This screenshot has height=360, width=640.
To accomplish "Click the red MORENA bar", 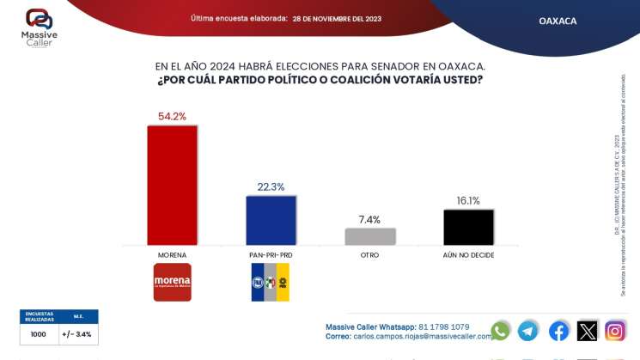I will tap(172, 186).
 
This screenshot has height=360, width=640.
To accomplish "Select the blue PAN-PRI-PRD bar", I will tap(271, 221).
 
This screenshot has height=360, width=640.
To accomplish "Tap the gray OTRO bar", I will tap(370, 236).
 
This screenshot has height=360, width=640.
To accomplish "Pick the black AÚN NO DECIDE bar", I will tap(468, 228).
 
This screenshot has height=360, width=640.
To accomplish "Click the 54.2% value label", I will tap(172, 116).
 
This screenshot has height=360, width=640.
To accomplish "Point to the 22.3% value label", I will tap(271, 186).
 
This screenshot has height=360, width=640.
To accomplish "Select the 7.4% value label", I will tap(370, 220).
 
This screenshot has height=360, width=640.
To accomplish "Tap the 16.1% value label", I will tap(468, 201).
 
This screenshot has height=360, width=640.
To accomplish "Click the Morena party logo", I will tap(172, 282).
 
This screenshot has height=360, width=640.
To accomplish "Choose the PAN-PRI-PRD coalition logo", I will tap(271, 282).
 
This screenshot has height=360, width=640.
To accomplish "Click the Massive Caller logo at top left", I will tap(39, 27).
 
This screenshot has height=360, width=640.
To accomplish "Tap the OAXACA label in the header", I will tap(558, 21).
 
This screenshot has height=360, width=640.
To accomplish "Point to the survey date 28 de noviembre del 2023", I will tap(337, 18).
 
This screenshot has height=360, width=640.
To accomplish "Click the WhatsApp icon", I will tap(500, 331).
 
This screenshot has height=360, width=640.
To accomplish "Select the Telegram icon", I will tap(528, 331).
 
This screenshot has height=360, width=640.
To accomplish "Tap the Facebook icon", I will tap(558, 331).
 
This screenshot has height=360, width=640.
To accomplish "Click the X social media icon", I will tap(587, 331).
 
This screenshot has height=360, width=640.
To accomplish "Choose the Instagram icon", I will tap(615, 331).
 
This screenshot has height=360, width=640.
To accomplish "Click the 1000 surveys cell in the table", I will tap(39, 334).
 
